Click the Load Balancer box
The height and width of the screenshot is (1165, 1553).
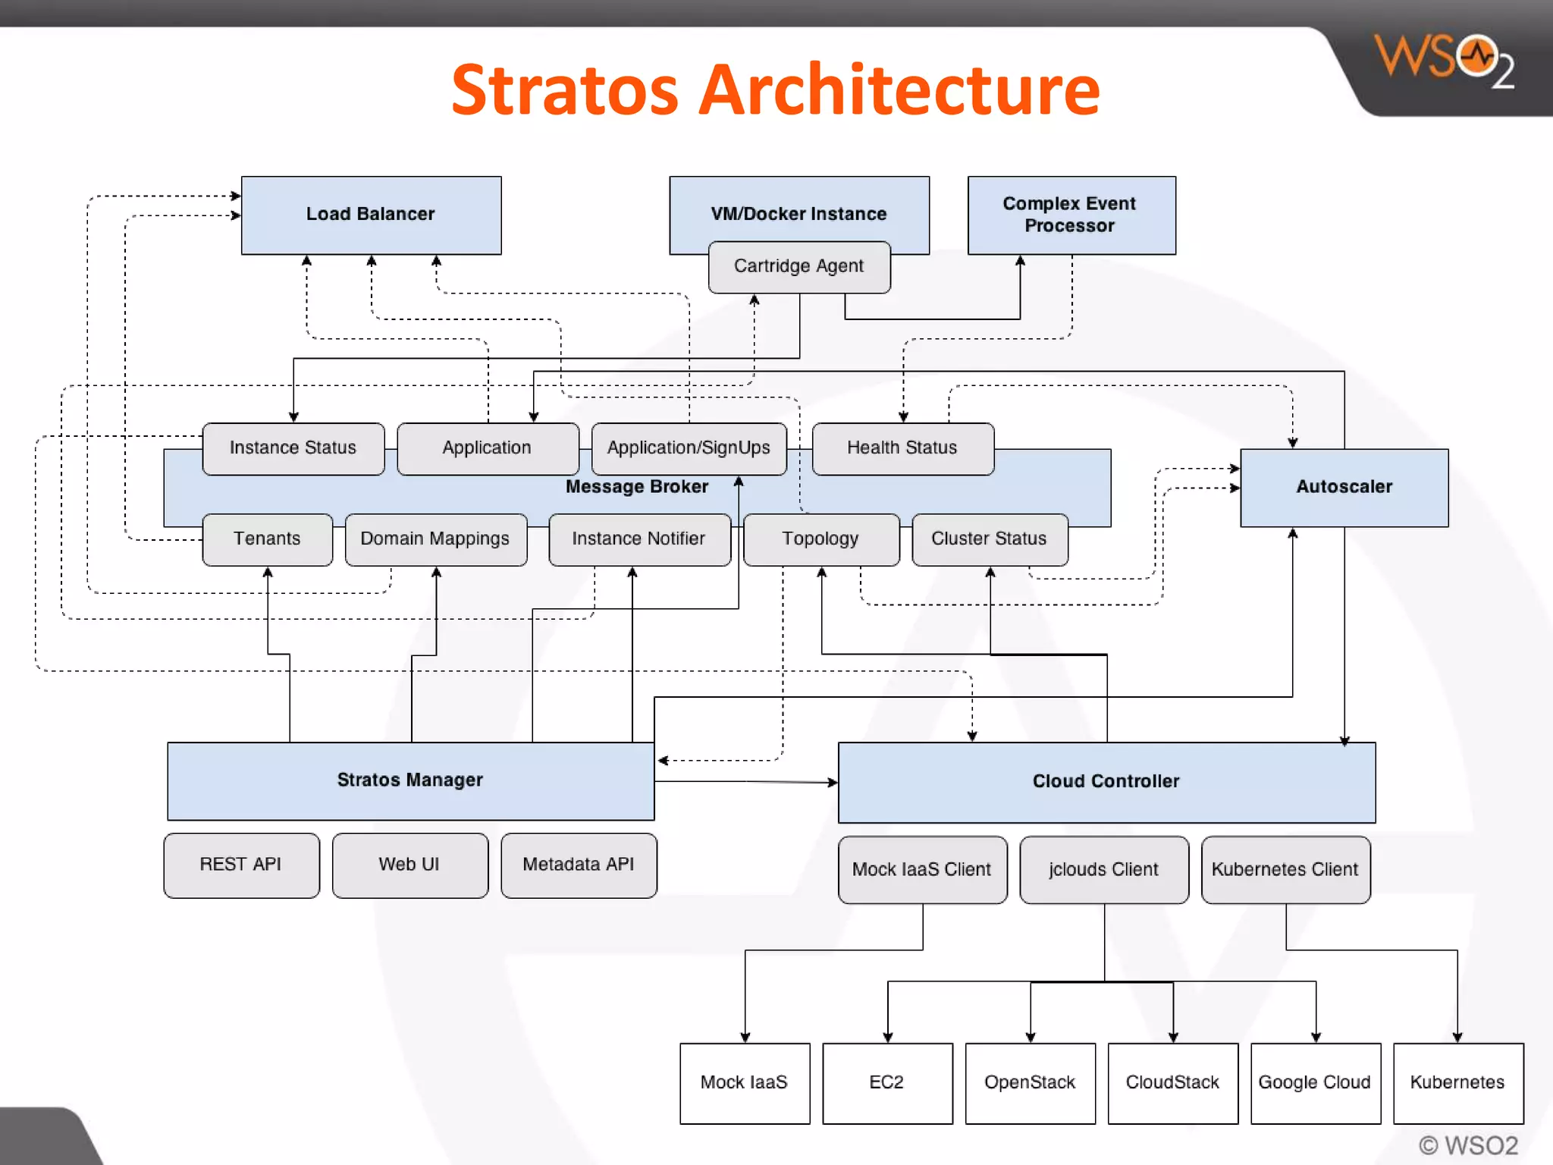point(371,215)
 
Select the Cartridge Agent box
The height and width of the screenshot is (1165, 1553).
point(798,266)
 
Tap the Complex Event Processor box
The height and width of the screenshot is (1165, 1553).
point(1071,215)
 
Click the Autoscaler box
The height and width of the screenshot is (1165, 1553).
point(1344,487)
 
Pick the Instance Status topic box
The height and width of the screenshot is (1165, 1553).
point(293,448)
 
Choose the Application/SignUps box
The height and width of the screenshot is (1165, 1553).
point(689,448)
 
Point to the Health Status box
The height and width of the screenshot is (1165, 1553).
point(902,448)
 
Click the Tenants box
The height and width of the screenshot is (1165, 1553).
point(267,539)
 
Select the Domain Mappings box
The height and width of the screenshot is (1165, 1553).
point(435,539)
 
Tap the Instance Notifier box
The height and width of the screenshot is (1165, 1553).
point(638,539)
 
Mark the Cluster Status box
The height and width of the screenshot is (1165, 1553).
point(989,539)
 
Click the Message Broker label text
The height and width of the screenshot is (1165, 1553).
point(637,487)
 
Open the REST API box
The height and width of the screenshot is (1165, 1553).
point(241,865)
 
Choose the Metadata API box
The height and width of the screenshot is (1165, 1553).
point(579,865)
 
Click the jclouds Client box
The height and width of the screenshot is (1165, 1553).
point(1103,870)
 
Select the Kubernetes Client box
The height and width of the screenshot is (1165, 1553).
point(1285,870)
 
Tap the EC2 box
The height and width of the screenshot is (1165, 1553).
point(886,1083)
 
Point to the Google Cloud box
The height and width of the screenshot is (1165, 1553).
point(1315,1083)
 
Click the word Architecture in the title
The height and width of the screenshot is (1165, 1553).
point(899,91)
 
